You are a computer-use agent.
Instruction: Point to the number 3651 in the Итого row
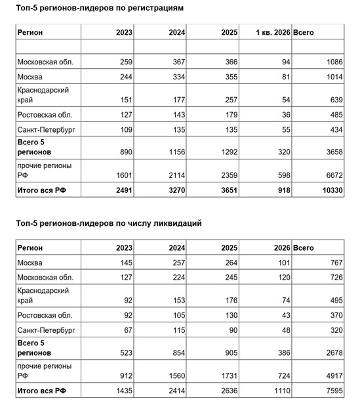click(x=230, y=189)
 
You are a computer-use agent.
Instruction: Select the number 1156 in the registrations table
click(x=176, y=151)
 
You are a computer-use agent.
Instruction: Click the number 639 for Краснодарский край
click(x=334, y=100)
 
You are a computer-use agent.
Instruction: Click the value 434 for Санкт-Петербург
click(x=334, y=130)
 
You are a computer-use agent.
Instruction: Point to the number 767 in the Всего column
click(x=334, y=263)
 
